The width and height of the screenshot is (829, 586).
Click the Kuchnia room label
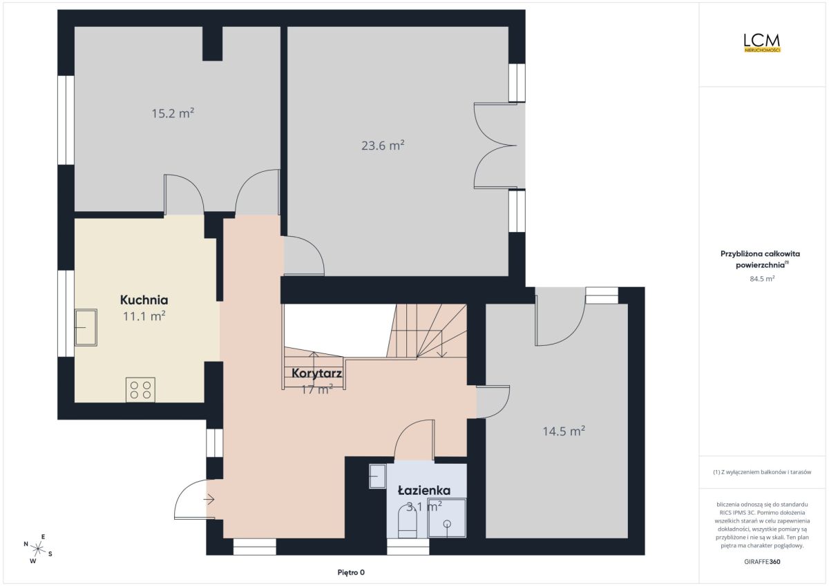144,300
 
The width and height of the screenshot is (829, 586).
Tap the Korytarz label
316,373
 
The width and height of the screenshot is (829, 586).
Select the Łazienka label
424,491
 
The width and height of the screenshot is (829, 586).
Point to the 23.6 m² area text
383,146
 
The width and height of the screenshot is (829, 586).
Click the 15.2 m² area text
173,113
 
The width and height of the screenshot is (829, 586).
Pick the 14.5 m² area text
564,431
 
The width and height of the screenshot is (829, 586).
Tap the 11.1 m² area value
144,316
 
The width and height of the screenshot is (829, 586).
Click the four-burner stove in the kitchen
140,390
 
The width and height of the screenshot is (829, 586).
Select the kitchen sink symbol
86,328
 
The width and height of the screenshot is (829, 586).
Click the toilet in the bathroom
407,522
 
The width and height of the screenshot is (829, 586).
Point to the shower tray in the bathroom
447,518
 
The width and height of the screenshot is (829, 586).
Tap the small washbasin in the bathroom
378,476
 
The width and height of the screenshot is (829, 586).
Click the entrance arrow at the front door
209,500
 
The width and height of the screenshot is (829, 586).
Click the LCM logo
762,43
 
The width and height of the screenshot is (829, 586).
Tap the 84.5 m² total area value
762,279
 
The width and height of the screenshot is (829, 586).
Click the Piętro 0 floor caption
351,572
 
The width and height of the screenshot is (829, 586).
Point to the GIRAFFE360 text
762,562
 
